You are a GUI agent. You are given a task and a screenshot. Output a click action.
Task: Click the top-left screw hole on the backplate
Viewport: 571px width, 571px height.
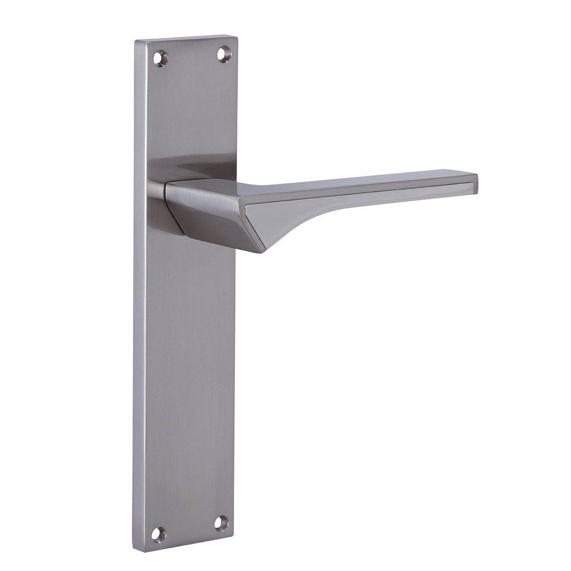click(x=160, y=58)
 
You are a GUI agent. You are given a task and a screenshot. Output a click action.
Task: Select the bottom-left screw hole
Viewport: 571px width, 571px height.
click(x=158, y=534)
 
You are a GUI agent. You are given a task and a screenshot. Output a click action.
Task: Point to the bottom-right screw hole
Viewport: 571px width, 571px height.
click(x=222, y=522)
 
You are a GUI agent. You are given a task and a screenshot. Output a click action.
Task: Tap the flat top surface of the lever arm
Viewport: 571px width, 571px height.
click(x=354, y=180)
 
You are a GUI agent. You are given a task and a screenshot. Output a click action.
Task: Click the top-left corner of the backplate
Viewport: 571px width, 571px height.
click(x=136, y=42)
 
